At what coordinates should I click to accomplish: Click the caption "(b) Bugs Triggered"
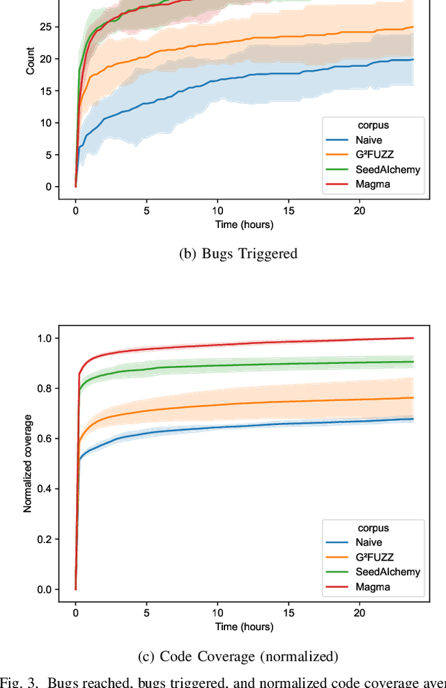pyautogui.click(x=238, y=254)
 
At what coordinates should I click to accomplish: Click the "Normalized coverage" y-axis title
pyautogui.click(x=28, y=463)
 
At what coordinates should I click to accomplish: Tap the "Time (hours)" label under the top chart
pyautogui.click(x=244, y=224)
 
